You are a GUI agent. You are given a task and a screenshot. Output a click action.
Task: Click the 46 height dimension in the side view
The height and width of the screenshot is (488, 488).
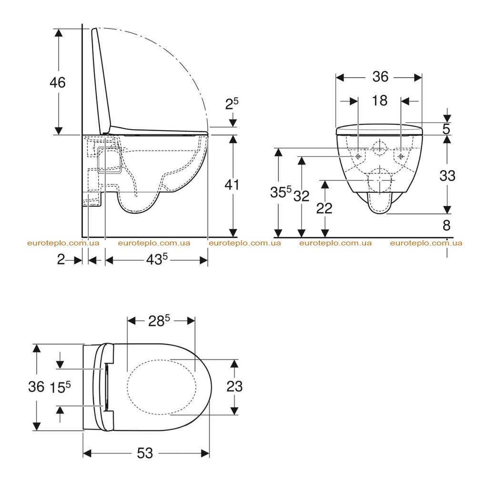click(x=58, y=83)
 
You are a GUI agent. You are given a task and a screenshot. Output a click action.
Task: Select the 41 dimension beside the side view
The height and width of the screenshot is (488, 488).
click(x=232, y=184)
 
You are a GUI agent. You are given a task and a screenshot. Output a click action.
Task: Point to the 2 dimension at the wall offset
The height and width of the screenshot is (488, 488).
click(x=61, y=259)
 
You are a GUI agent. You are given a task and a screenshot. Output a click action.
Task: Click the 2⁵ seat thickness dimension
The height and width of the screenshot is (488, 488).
click(x=232, y=103)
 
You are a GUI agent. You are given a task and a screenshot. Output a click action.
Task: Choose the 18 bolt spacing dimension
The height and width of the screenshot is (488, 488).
click(x=380, y=101)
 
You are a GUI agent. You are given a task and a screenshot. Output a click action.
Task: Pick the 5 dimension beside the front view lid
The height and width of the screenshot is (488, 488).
click(x=446, y=129)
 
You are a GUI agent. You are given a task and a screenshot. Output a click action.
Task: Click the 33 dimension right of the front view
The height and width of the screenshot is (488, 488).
click(x=447, y=176)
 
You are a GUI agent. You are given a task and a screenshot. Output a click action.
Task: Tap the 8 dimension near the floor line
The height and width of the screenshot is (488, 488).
click(x=447, y=225)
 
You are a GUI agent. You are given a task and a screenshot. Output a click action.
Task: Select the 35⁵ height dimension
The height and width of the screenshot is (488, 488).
click(x=281, y=192)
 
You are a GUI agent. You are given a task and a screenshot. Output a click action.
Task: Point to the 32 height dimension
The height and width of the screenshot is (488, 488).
click(x=302, y=196)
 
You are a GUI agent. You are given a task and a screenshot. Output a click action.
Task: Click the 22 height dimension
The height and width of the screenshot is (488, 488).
click(x=324, y=208)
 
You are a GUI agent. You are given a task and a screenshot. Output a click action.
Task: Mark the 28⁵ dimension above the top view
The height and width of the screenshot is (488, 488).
click(x=159, y=321)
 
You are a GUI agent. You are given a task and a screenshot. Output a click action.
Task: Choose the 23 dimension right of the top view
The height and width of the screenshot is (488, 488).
click(x=234, y=386)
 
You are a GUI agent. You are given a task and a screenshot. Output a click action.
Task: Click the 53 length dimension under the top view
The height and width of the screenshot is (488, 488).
click(x=145, y=453)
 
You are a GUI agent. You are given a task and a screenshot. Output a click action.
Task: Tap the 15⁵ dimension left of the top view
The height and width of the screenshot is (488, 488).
click(x=60, y=387)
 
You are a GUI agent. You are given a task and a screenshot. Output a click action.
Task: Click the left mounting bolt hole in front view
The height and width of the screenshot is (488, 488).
click(x=358, y=156)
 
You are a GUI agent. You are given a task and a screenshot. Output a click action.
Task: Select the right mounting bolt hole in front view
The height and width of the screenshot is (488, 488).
click(x=401, y=156)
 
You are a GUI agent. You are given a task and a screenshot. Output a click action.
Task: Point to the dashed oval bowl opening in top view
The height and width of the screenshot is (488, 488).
click(x=127, y=387)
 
